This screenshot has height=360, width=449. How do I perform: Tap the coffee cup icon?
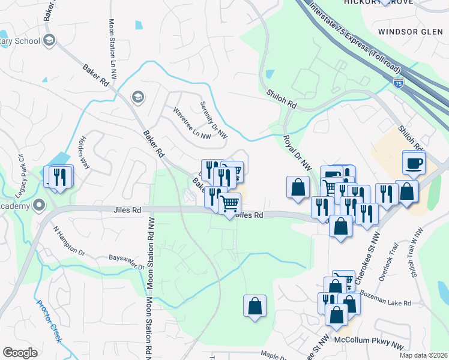[414, 163]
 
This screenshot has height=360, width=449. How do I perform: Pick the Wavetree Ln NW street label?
[191, 124]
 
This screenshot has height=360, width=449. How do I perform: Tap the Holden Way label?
[83, 154]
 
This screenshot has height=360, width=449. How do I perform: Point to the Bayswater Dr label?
[127, 262]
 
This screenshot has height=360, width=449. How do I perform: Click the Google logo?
[20, 353]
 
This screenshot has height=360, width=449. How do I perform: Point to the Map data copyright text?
[423, 355]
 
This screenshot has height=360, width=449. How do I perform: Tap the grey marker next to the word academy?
[40, 205]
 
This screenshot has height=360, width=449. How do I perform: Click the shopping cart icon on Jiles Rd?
[229, 204]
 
